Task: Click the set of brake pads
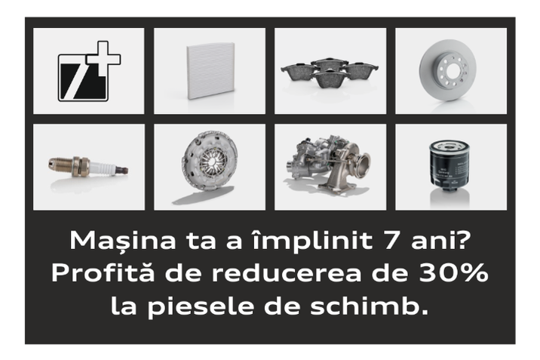point(330,72)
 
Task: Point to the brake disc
point(450,70)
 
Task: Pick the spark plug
point(88,167)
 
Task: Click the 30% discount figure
point(456,274)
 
